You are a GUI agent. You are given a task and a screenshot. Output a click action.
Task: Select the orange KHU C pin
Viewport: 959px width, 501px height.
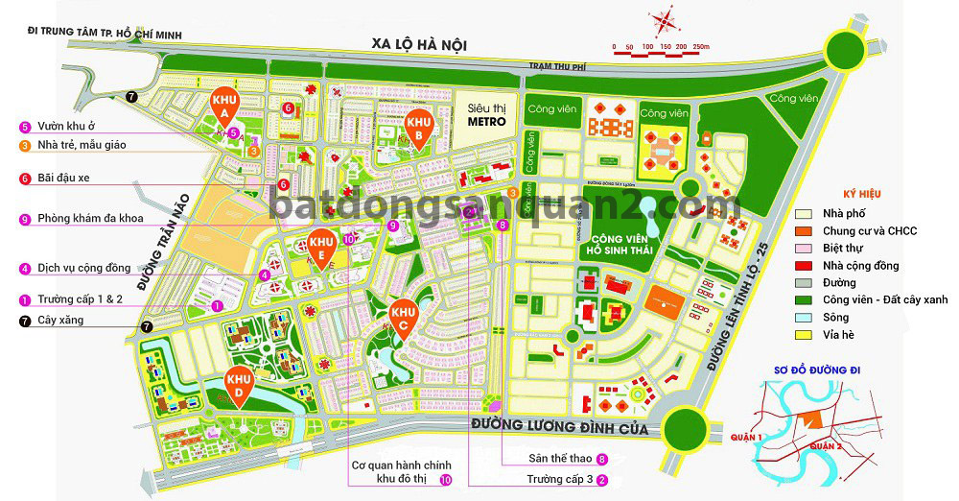tap(403, 315)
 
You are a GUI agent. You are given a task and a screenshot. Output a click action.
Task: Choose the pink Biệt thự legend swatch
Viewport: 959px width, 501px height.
tap(805, 249)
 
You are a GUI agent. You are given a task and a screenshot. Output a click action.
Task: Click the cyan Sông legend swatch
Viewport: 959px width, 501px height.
tap(805, 318)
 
